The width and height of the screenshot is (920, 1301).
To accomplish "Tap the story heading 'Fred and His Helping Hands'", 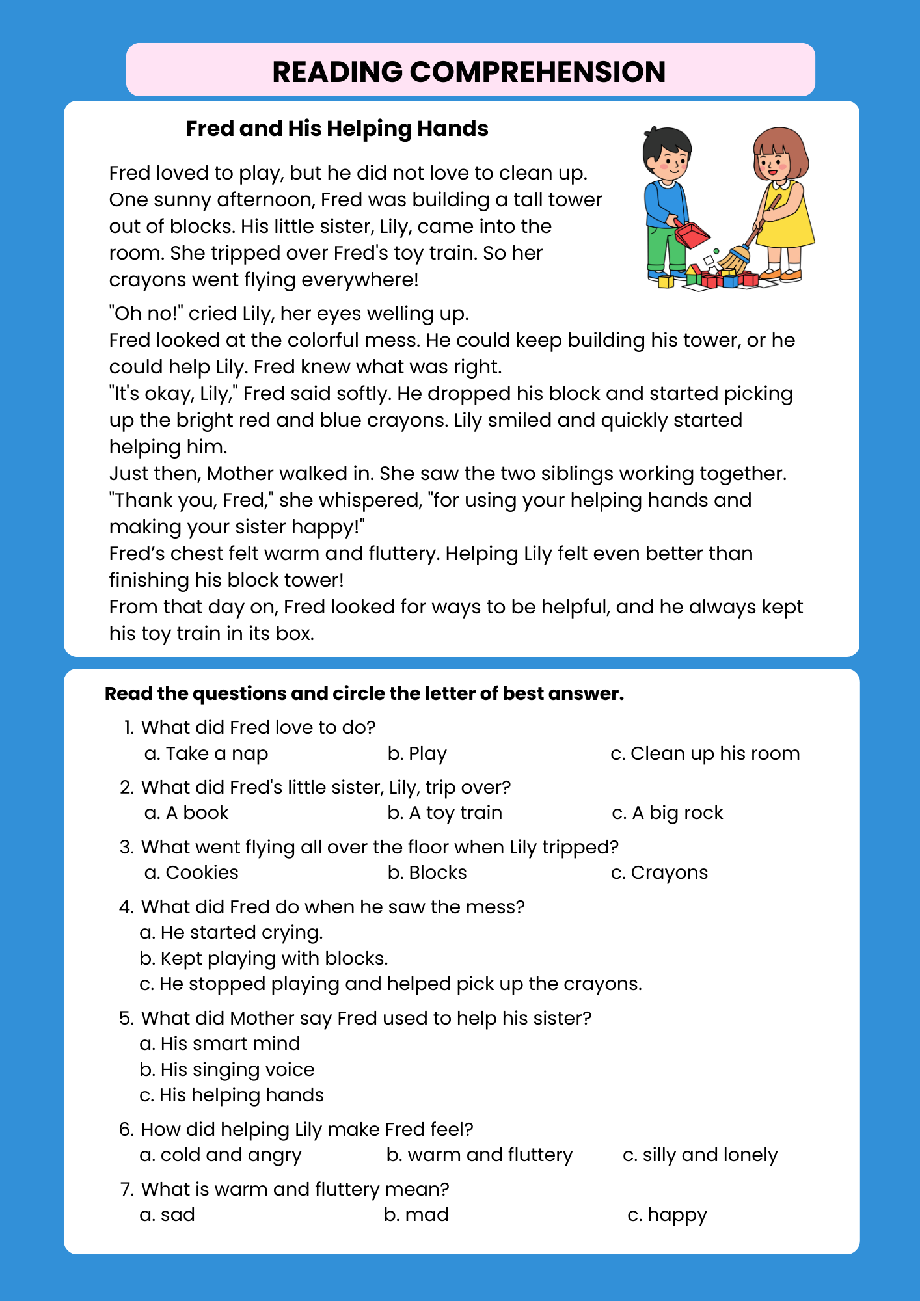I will [x=336, y=129].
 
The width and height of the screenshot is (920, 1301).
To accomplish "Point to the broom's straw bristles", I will [x=734, y=260].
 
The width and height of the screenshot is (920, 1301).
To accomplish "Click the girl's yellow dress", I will [x=789, y=221].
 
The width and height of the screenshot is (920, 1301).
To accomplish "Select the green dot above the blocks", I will [x=716, y=250].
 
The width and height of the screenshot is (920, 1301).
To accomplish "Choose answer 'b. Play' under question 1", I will [x=417, y=754].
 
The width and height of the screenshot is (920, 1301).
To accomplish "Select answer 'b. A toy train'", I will [x=444, y=813].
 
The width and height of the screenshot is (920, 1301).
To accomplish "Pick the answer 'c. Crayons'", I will [x=659, y=873].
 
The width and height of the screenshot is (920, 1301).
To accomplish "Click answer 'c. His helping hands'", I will [x=232, y=1095].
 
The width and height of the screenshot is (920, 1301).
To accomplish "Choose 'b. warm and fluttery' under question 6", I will [x=479, y=1155].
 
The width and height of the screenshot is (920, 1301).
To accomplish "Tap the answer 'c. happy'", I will [x=667, y=1215].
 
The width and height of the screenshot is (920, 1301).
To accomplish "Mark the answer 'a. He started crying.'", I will [x=232, y=933].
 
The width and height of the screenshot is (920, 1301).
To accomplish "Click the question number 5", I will [x=126, y=1019].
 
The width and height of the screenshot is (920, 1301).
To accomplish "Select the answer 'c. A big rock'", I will [x=668, y=813].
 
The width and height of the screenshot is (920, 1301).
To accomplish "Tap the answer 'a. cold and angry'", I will [x=221, y=1155].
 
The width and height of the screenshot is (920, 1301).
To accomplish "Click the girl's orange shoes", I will [x=781, y=275].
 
